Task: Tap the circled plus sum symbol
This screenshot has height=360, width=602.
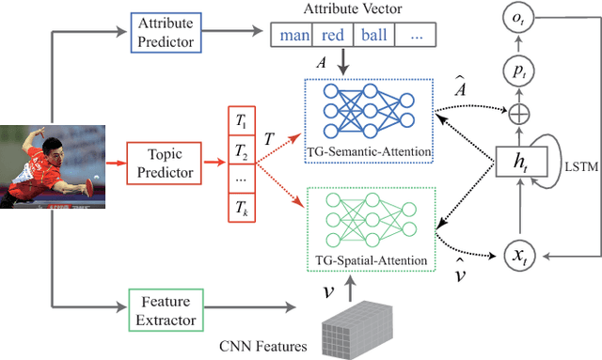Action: [520, 116]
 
